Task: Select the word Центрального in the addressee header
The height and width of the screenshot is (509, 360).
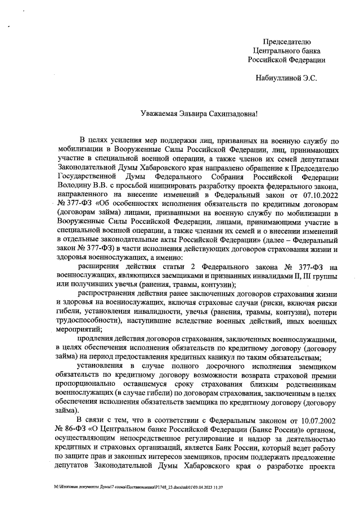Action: [286, 50]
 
